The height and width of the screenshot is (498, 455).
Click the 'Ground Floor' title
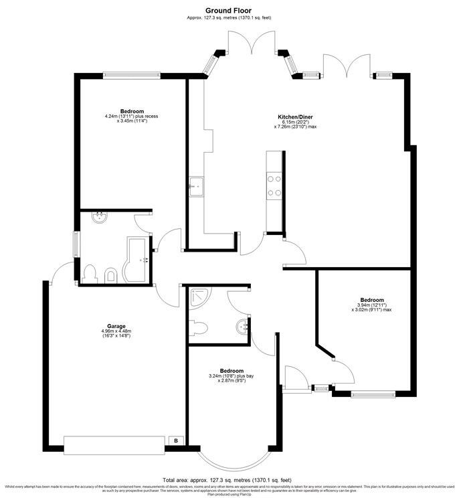227,10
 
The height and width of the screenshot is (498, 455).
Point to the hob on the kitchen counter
274,185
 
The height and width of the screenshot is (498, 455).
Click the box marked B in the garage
175,440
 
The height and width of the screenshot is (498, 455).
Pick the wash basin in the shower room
242,327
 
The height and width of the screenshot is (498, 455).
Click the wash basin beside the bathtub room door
99,217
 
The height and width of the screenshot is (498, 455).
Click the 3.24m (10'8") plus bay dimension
231,376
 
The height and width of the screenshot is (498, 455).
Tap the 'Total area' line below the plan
227,480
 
